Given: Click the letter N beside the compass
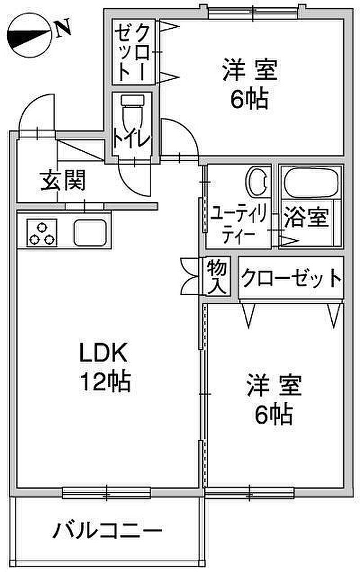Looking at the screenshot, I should point(63,30).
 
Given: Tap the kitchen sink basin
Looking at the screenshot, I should point(91,233).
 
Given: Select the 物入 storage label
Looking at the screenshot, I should point(217,277).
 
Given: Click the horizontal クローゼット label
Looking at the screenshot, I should point(291,278).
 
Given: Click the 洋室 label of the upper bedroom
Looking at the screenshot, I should point(250,70).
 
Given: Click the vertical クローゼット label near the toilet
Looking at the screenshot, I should point(132,53).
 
